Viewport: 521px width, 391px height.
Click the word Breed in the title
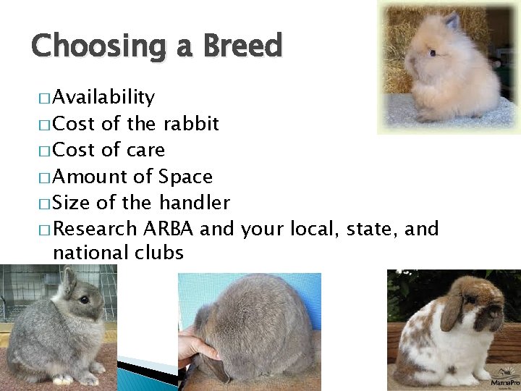(x=242, y=46)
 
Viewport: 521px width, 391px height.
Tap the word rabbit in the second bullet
(x=191, y=124)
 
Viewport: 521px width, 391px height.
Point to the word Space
(x=185, y=177)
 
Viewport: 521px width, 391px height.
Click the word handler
(x=195, y=203)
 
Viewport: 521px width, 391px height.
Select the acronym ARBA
(x=168, y=229)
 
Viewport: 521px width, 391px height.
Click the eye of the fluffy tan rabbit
(x=431, y=54)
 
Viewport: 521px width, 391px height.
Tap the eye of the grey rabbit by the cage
(x=85, y=299)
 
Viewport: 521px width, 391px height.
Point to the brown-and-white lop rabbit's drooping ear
(x=452, y=311)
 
